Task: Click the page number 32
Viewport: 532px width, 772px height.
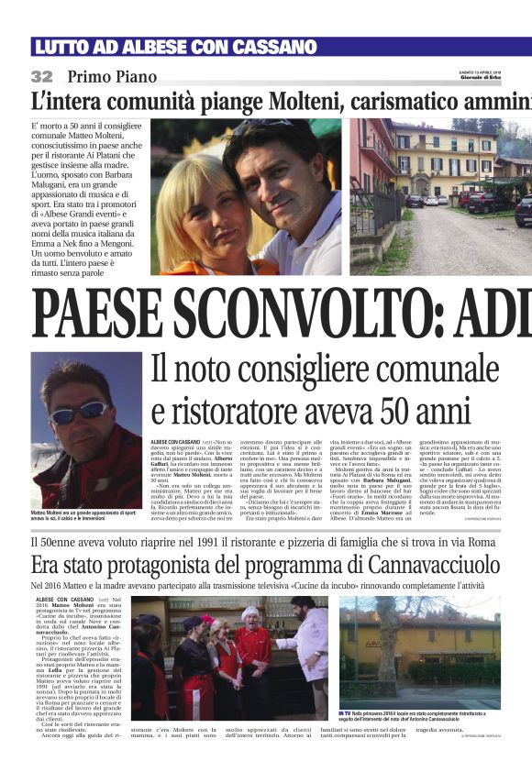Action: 42,76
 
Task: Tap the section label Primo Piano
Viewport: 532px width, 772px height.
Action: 112,77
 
